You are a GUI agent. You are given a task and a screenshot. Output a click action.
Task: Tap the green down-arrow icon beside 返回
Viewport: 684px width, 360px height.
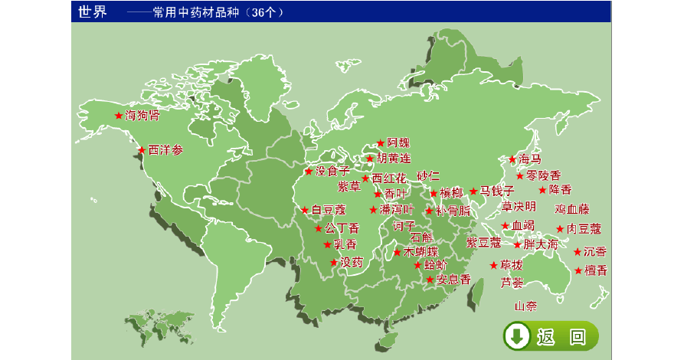coord(517,335)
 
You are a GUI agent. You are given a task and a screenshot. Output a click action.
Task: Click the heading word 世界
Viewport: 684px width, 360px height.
coord(93,11)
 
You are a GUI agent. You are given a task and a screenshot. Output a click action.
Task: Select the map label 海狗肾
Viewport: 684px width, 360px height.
coord(142,116)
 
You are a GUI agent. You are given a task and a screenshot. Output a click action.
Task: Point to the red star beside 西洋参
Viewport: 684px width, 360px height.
coord(142,150)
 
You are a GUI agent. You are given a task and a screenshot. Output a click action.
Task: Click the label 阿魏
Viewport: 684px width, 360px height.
coord(398,142)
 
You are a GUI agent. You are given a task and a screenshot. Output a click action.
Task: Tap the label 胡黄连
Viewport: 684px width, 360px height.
coord(393,159)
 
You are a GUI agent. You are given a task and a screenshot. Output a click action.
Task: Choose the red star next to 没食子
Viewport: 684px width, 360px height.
coord(309,172)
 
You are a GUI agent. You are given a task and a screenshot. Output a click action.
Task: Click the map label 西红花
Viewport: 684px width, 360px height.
coord(389,178)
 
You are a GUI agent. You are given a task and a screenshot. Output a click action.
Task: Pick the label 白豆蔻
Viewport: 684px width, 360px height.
coord(329,209)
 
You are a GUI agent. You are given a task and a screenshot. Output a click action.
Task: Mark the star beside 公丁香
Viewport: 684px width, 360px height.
coord(319,228)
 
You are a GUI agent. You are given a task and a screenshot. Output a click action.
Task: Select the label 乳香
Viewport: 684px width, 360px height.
coord(345,244)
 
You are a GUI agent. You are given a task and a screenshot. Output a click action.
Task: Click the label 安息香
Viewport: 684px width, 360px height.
coord(453,280)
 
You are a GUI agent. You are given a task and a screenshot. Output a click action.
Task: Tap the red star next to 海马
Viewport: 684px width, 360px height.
coord(512,159)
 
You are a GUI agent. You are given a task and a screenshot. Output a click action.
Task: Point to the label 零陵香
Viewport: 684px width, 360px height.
coord(543,175)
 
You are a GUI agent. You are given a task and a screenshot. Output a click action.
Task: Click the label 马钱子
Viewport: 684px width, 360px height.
coord(497,191)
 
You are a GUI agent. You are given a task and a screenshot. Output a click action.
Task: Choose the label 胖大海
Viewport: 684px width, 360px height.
coord(542,245)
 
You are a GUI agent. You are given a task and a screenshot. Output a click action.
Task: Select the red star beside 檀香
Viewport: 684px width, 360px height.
coord(578,270)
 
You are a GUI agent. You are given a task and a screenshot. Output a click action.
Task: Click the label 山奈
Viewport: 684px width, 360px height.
coord(525,306)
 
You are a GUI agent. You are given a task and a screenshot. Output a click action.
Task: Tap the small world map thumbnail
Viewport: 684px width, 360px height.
coord(159,326)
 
